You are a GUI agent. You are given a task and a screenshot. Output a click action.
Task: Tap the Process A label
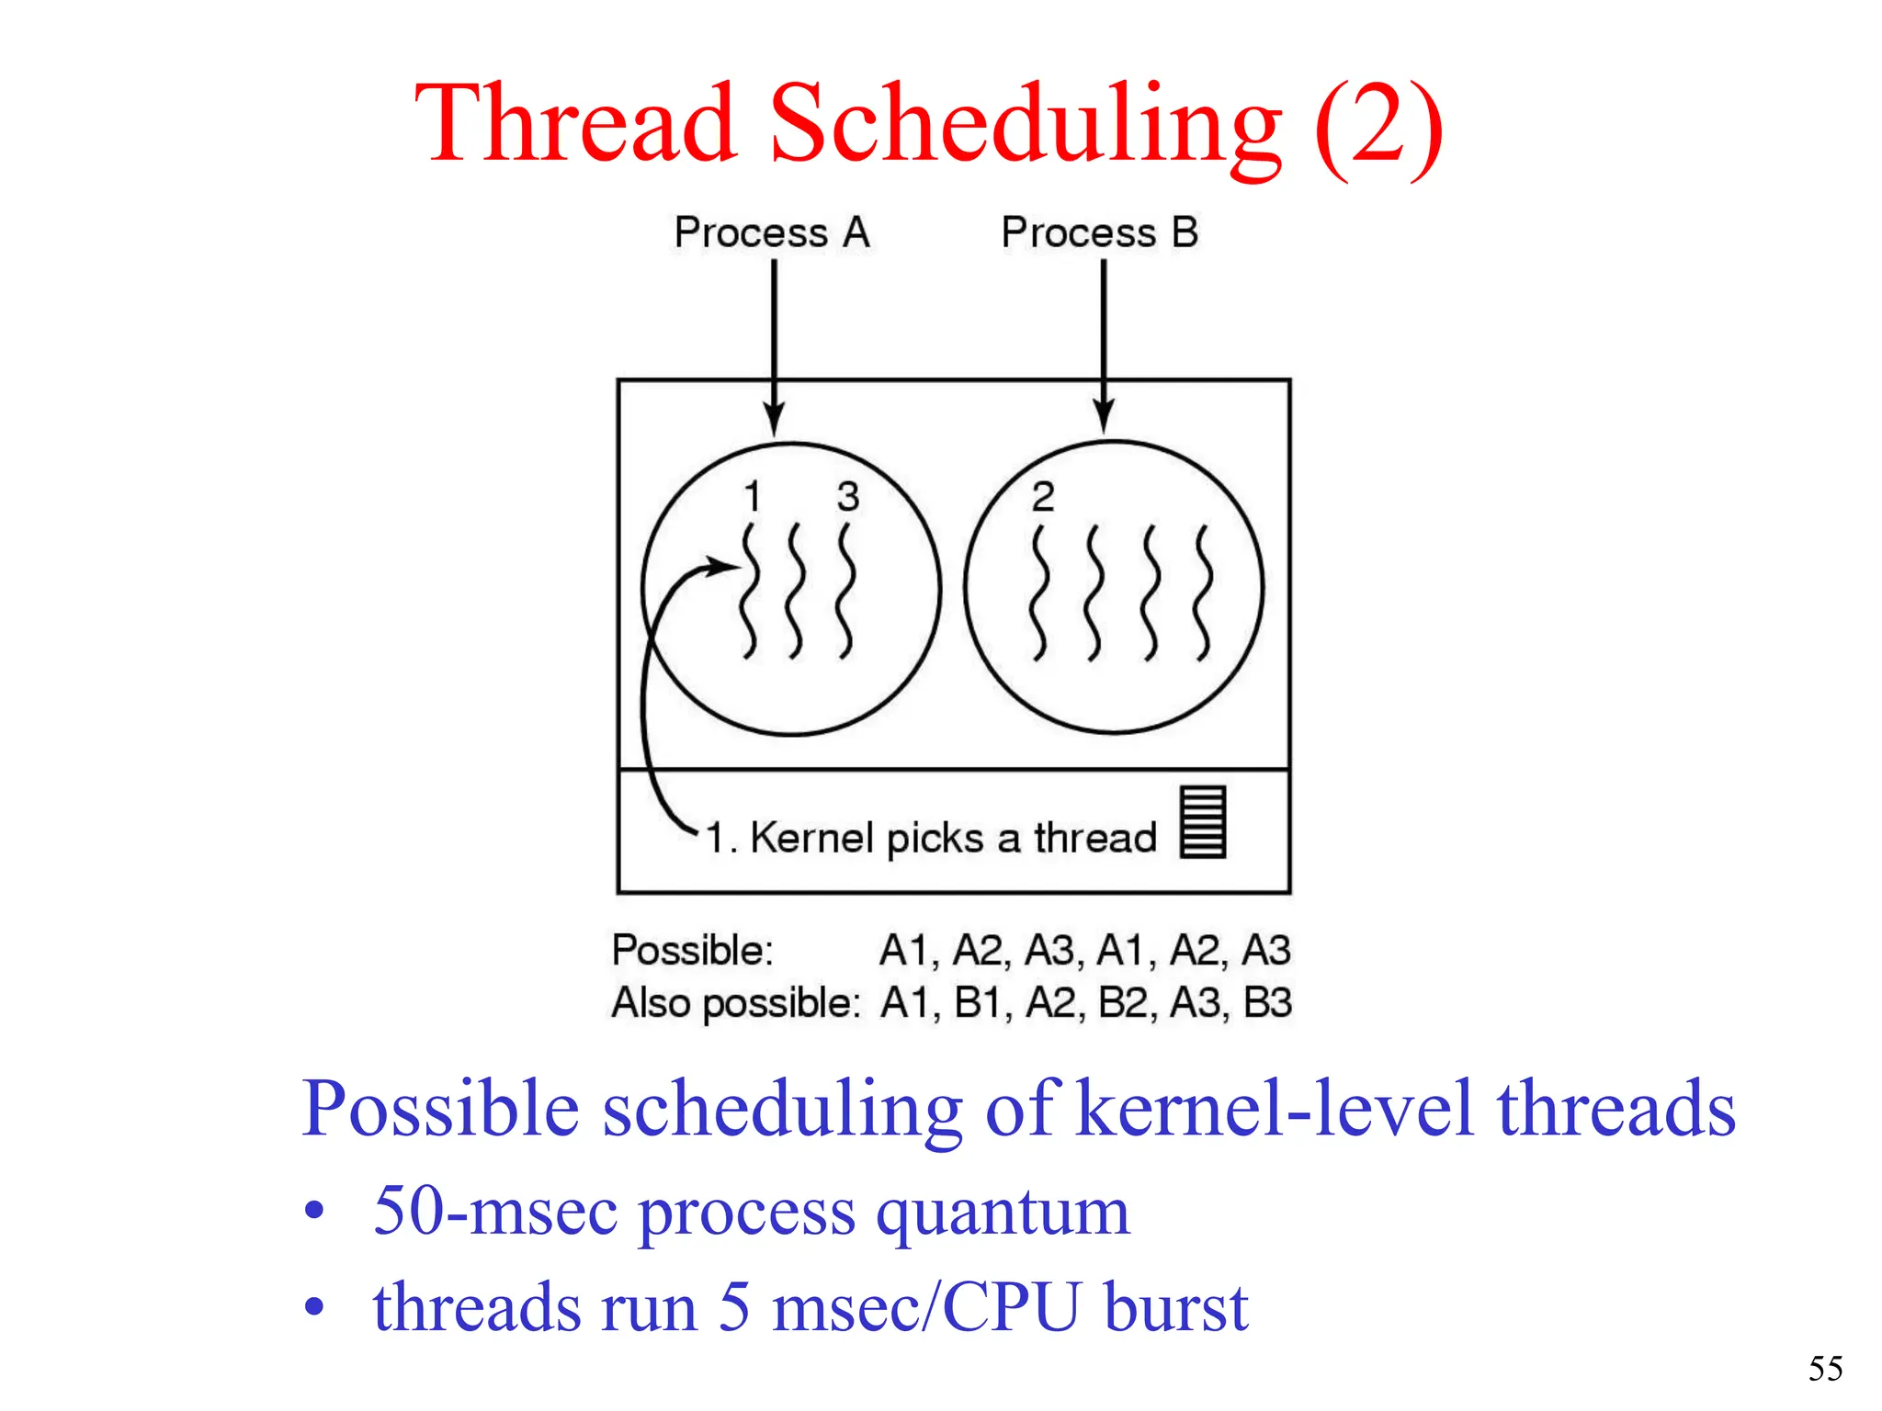tap(772, 232)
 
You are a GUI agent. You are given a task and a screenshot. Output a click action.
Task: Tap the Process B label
tap(1100, 232)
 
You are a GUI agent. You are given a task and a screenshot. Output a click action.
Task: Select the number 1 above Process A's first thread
tap(753, 497)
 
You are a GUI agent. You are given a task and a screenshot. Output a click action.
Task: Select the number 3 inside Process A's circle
tap(848, 497)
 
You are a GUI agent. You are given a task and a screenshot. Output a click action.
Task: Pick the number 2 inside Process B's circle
tap(1043, 497)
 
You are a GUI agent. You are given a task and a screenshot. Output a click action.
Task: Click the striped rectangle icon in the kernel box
tap(1203, 821)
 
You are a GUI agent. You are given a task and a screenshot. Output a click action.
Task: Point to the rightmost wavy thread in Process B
tap(1203, 593)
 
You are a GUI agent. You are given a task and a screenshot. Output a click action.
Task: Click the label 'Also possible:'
tap(736, 1002)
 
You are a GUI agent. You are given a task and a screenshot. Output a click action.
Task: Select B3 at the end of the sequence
tap(1267, 1002)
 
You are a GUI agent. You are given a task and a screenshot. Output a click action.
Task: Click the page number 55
tap(1825, 1369)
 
